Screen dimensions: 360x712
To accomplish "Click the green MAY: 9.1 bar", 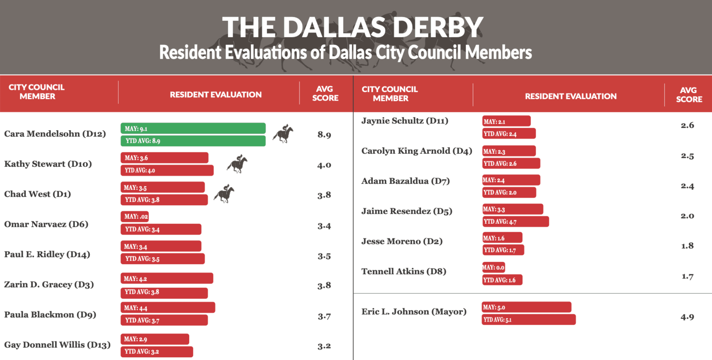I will [193, 128].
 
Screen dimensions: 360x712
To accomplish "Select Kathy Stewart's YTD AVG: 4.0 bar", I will [167, 170].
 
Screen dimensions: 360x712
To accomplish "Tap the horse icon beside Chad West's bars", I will [224, 194].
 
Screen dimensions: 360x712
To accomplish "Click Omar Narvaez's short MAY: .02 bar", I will [134, 216].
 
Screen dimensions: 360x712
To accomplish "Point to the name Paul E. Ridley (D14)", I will [47, 254].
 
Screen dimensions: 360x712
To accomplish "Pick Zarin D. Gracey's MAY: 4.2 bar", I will [166, 278].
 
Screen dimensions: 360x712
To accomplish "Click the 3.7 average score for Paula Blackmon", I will [324, 316].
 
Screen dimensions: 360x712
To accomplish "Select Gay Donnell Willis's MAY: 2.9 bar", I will [155, 339].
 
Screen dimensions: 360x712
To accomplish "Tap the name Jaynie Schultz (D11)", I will [405, 121].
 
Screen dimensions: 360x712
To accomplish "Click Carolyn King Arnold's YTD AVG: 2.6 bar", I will [511, 163].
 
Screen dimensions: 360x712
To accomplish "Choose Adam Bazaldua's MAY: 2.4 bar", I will [511, 180].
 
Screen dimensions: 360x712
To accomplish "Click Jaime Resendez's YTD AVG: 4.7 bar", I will [515, 221].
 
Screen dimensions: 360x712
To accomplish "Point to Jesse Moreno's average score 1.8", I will [687, 246].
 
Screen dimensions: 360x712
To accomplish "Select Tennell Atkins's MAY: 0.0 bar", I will [493, 267].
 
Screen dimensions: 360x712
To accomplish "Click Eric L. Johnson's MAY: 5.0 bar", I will [527, 307].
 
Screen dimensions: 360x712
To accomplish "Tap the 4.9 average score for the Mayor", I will [687, 317].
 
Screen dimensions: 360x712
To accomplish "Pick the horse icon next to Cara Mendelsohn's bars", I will [283, 133].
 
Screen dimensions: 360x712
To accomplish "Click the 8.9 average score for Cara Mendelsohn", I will [324, 135].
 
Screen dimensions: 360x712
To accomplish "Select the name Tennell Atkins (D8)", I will [403, 271].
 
